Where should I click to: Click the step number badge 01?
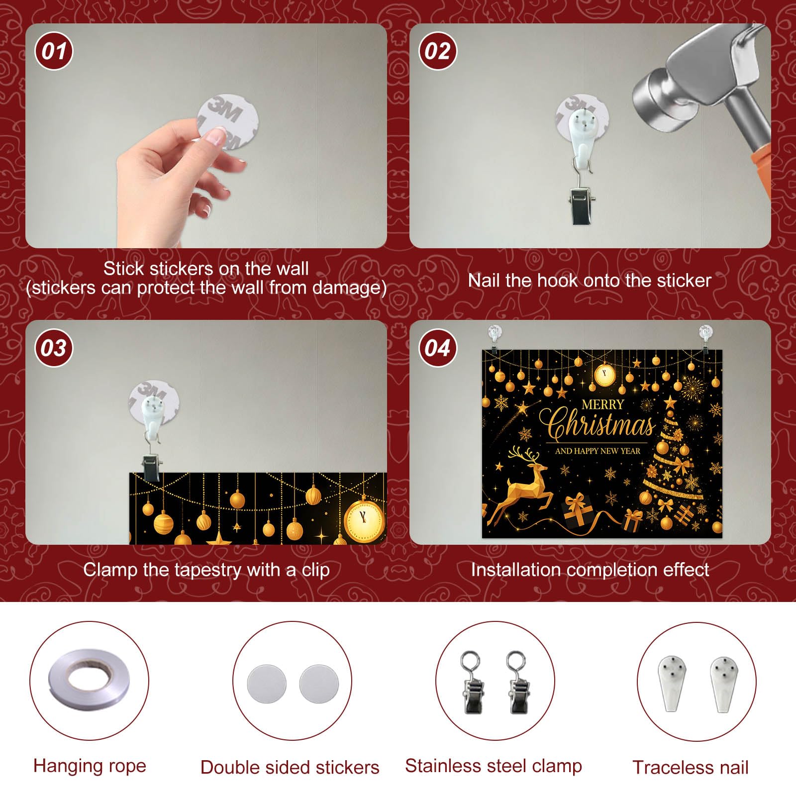(x=54, y=51)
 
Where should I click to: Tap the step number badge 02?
(x=438, y=51)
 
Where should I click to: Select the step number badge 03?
(x=54, y=348)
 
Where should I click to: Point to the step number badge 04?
(x=438, y=348)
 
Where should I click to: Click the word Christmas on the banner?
(x=600, y=425)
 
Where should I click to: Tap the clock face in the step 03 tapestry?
(x=364, y=520)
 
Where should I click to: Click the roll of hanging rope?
(x=89, y=680)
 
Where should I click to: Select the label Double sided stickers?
(x=290, y=768)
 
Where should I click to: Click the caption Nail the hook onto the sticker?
(x=590, y=281)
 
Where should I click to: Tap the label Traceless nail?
(x=690, y=768)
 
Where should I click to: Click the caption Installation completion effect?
(x=590, y=570)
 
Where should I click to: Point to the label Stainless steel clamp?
(x=493, y=766)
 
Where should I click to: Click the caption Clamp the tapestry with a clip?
(x=206, y=570)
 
